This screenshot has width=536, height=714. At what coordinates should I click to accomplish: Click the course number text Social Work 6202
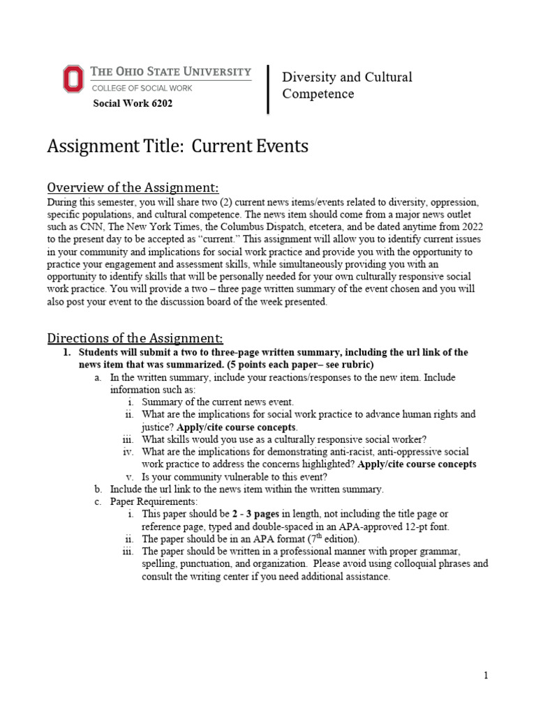133,104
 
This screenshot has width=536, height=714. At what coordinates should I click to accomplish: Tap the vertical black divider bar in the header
269,89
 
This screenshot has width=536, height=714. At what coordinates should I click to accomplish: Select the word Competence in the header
318,94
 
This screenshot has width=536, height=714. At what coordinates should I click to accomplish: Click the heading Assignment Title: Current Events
177,147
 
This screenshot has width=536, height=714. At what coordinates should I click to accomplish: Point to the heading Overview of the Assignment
133,188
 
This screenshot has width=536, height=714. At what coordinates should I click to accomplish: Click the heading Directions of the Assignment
135,338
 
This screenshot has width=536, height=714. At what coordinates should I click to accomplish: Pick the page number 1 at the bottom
486,676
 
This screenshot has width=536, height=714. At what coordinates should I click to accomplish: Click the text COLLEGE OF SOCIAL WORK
142,88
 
